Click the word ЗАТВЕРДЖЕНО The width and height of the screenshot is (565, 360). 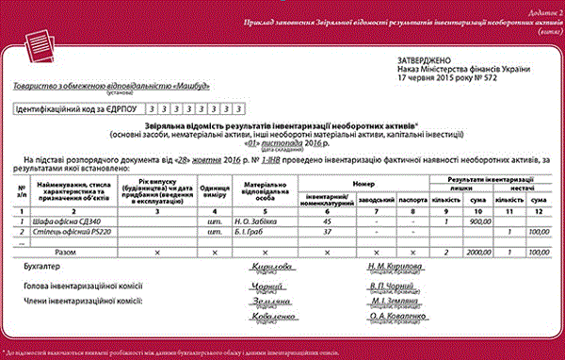(x=423, y=59)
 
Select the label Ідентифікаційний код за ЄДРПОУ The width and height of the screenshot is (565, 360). (x=77, y=109)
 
